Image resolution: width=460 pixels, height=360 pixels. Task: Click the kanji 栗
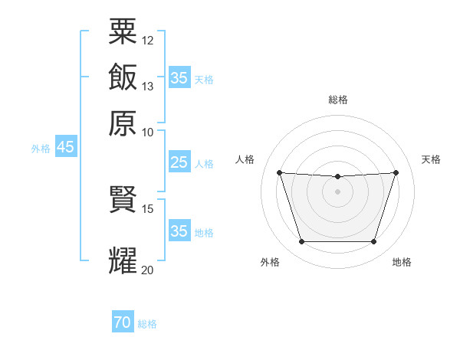pyautogui.click(x=123, y=31)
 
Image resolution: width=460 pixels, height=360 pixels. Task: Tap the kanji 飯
pyautogui.click(x=123, y=77)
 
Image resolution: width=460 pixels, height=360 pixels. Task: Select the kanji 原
pyautogui.click(x=123, y=123)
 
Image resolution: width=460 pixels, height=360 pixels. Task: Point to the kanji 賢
pyautogui.click(x=123, y=199)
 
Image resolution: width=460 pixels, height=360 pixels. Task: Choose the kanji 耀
pyautogui.click(x=123, y=260)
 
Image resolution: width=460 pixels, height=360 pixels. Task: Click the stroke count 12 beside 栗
pyautogui.click(x=147, y=41)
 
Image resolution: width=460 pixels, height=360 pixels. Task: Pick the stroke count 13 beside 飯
pyautogui.click(x=147, y=87)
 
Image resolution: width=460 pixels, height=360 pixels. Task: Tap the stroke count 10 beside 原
pyautogui.click(x=147, y=133)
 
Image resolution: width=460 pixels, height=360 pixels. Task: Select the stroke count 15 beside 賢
pyautogui.click(x=147, y=209)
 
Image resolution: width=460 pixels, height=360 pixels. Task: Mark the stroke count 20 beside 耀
pyautogui.click(x=147, y=270)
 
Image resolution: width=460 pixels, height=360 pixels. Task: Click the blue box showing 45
pyautogui.click(x=66, y=146)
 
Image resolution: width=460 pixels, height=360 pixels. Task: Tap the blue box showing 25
pyautogui.click(x=179, y=162)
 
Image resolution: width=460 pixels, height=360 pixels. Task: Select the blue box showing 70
pyautogui.click(x=123, y=321)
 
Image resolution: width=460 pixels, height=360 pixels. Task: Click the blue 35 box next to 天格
pyautogui.click(x=179, y=77)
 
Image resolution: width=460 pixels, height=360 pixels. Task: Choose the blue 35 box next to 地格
pyautogui.click(x=179, y=230)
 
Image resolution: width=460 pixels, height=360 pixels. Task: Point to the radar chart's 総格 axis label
pyautogui.click(x=338, y=100)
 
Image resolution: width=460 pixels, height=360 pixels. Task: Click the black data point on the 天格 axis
pyautogui.click(x=396, y=172)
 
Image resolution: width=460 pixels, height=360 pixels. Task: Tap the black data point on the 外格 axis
pyautogui.click(x=302, y=241)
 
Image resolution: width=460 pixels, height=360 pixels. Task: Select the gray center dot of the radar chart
pyautogui.click(x=337, y=191)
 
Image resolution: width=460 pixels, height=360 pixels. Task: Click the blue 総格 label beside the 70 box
pyautogui.click(x=147, y=324)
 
